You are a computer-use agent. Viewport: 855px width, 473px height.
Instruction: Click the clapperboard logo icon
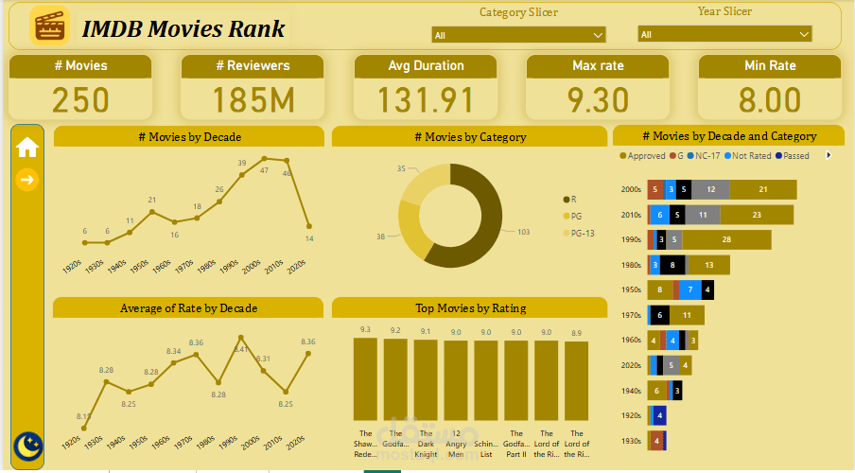(50, 26)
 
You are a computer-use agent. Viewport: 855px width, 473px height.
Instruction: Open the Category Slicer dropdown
(518, 35)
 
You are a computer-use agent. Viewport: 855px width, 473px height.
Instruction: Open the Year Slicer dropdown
(724, 34)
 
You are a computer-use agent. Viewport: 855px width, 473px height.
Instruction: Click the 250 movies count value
(80, 100)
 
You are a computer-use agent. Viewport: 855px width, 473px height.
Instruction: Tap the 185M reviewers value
(253, 100)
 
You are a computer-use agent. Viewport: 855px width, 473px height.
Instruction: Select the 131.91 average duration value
(426, 100)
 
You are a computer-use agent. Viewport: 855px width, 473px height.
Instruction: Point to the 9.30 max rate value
(598, 100)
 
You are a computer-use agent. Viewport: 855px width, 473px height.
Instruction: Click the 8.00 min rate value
(770, 100)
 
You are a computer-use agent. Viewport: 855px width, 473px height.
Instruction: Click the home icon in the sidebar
(27, 147)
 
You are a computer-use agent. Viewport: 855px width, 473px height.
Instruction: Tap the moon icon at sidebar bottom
(28, 444)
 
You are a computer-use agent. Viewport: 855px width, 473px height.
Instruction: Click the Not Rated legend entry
(748, 155)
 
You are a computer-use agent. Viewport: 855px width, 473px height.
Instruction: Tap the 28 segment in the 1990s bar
(727, 240)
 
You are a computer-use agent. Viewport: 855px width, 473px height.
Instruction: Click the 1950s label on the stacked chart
(630, 290)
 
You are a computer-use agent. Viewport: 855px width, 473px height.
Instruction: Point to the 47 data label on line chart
(264, 171)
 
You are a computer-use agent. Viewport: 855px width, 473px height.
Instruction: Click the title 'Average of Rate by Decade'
(188, 307)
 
